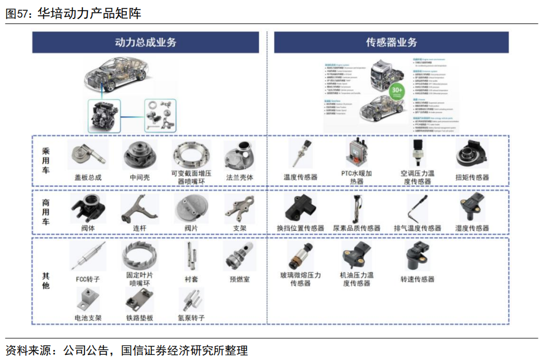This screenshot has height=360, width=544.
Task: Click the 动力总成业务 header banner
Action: [145, 42]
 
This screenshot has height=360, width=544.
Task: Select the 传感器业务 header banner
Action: [392, 42]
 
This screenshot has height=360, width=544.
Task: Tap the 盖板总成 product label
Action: [88, 177]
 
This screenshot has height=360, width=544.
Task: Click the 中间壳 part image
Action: [139, 155]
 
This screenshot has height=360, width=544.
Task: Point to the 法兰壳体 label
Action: [240, 177]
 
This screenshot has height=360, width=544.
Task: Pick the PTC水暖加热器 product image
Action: [356, 153]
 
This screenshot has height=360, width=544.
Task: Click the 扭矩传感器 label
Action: [472, 177]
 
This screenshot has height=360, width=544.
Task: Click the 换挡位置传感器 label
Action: [300, 228]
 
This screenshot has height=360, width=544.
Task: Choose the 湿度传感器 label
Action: [472, 228]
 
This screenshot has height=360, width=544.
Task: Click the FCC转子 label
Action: [88, 279]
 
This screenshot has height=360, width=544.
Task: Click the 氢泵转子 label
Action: [191, 318]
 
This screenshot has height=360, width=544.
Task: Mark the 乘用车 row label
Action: [46, 161]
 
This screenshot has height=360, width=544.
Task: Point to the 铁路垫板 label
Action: [139, 318]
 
